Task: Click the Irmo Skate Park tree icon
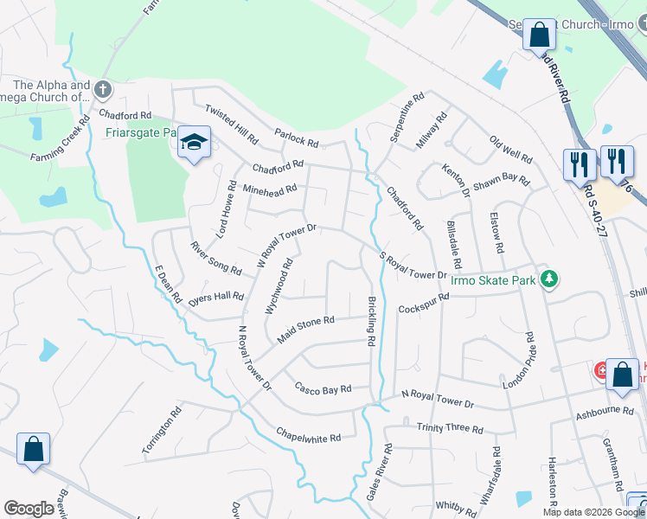(x=548, y=279)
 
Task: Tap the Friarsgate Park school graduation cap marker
(x=194, y=142)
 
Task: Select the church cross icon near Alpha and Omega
(x=103, y=88)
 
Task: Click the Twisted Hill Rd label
(x=231, y=124)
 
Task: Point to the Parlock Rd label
(x=297, y=138)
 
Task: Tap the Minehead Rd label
(x=270, y=188)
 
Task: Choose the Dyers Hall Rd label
(x=216, y=297)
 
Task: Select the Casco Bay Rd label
(x=323, y=388)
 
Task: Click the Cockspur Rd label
(x=424, y=303)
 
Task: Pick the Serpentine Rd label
(x=406, y=110)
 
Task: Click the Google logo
(x=29, y=509)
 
